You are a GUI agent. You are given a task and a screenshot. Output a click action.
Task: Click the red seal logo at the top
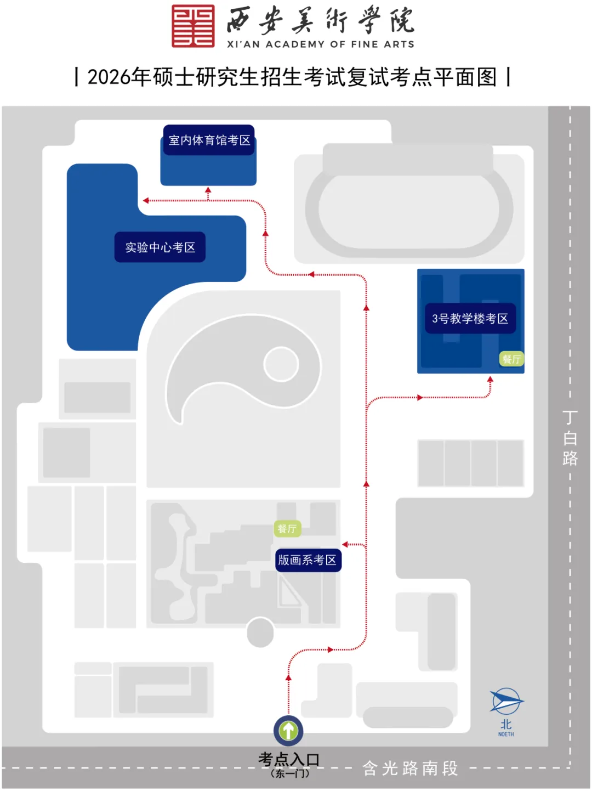(193, 26)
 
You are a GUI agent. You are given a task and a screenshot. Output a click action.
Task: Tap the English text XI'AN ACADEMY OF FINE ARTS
(321, 44)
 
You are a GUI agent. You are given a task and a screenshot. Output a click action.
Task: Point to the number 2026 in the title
(109, 77)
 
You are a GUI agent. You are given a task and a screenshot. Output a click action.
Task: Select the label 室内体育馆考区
(209, 140)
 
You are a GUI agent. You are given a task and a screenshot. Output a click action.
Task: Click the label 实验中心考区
(160, 247)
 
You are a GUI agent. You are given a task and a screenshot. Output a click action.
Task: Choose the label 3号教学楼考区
(470, 319)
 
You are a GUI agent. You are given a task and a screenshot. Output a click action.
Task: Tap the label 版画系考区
(308, 560)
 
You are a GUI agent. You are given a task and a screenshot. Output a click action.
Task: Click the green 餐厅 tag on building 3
(511, 359)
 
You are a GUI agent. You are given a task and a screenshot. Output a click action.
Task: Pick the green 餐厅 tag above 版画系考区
(287, 529)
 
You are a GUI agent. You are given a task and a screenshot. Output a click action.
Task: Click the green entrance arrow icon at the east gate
(288, 731)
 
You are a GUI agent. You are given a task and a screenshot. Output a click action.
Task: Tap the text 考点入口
(289, 760)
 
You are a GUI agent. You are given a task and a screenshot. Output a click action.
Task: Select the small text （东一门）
(290, 773)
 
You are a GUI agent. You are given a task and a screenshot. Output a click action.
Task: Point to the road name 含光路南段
(410, 769)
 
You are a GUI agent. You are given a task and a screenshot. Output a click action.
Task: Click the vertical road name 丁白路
(570, 438)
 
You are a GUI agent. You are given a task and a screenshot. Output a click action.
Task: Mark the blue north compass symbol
(506, 702)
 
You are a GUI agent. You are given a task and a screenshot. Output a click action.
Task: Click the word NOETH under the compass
(506, 734)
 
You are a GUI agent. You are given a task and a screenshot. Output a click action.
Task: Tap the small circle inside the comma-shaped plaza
(281, 364)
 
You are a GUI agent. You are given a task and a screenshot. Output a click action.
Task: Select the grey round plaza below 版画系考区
(260, 632)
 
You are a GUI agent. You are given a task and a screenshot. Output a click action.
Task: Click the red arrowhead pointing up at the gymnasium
(208, 190)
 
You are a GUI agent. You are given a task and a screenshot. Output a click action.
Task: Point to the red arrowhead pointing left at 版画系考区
(345, 545)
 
